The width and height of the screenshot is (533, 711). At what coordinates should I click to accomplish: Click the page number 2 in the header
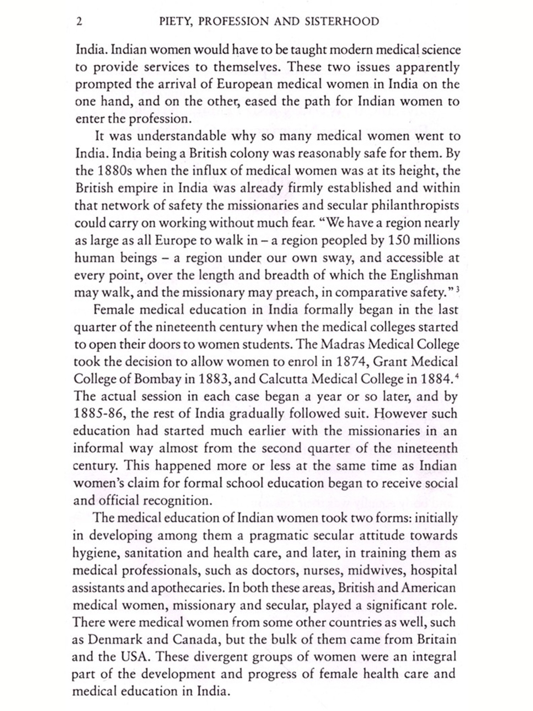(x=79, y=22)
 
